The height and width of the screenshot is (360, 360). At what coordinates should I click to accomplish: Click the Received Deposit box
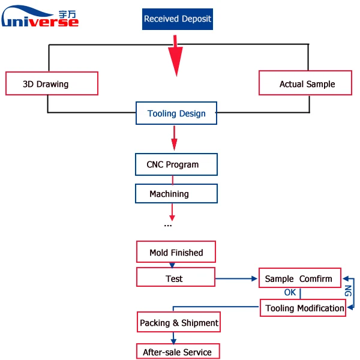178,19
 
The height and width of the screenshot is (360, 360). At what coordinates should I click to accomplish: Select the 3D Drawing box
52,83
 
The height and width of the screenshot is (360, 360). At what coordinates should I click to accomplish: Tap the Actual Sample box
305,83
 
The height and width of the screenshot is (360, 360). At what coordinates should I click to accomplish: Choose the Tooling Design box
176,113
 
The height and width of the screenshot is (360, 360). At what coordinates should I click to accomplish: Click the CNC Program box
176,164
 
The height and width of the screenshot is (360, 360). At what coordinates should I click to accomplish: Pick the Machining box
176,194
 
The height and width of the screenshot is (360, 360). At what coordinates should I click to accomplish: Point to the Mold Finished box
176,252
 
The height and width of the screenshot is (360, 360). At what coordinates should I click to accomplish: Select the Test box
176,277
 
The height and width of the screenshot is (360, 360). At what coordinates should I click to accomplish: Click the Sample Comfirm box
300,278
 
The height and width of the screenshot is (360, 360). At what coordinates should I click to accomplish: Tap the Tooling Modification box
303,308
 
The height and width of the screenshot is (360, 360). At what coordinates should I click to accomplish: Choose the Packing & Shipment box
179,322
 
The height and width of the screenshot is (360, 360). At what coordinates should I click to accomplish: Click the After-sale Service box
178,351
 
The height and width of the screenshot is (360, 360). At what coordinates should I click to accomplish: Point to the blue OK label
290,293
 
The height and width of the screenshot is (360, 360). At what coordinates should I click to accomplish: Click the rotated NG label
348,290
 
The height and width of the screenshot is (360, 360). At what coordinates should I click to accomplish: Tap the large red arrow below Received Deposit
176,56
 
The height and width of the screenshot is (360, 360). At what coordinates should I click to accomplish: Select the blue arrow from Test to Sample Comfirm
236,279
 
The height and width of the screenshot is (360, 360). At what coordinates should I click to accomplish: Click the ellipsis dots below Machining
168,226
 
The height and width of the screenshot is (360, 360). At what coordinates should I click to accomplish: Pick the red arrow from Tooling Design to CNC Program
174,138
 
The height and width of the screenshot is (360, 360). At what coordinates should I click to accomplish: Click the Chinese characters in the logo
67,14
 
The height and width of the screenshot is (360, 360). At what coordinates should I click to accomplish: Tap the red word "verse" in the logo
54,22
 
